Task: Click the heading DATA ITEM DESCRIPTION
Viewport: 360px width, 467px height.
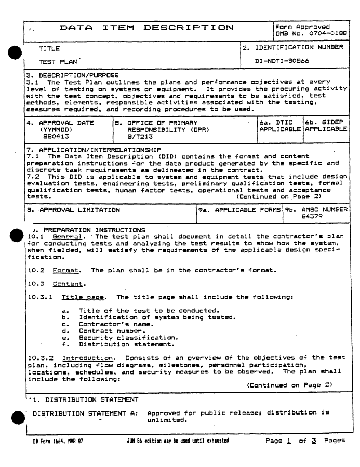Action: (x=146, y=26)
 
